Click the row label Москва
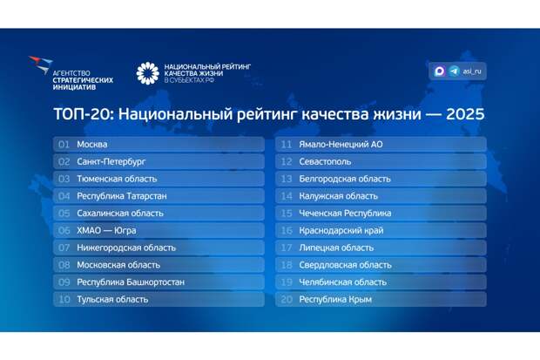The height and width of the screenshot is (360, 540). (91, 144)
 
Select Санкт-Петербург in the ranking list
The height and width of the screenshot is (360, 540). (111, 161)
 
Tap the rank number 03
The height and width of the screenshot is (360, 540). (64, 179)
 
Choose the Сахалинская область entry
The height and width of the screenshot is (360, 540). (119, 213)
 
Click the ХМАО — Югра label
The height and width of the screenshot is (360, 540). (105, 230)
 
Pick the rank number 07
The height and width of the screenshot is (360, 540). (64, 248)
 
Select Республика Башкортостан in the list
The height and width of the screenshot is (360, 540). (130, 282)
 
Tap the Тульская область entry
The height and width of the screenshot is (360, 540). (112, 299)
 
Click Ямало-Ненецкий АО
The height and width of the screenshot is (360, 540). (341, 144)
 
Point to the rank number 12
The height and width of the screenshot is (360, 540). (287, 161)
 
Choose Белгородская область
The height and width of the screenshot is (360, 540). (344, 179)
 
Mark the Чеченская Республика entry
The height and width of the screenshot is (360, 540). (345, 213)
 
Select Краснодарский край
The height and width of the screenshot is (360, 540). (340, 230)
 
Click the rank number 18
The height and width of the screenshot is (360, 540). (287, 265)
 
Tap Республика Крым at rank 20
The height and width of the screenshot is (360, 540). (334, 299)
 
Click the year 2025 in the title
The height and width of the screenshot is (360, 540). (462, 114)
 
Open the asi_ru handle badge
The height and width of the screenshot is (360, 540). (458, 71)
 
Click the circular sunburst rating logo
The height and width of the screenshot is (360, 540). (148, 73)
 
